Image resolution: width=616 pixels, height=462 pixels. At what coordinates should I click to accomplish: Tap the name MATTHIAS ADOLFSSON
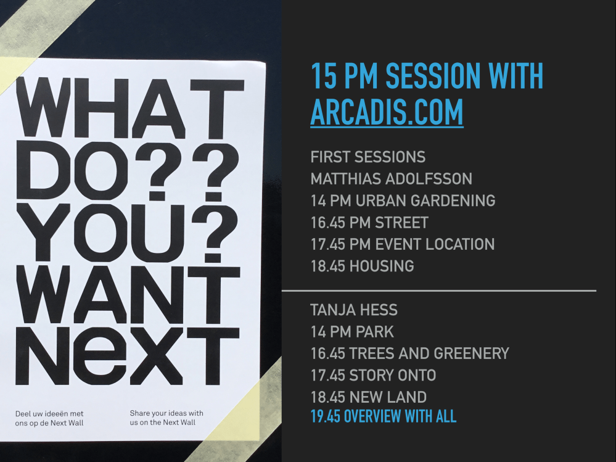tap(391, 179)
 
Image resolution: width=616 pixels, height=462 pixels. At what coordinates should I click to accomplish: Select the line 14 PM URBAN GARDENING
tap(403, 200)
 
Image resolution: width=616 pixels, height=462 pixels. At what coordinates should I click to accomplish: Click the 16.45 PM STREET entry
tap(369, 222)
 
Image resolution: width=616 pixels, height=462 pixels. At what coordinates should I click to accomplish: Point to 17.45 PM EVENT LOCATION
tap(402, 244)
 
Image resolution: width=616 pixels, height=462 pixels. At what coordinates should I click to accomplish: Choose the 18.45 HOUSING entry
tap(362, 266)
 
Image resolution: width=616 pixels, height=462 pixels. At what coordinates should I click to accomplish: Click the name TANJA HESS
tap(354, 310)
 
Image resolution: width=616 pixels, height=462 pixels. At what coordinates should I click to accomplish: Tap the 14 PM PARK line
tap(352, 331)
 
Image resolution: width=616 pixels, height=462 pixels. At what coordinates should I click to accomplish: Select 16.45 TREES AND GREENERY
tap(409, 353)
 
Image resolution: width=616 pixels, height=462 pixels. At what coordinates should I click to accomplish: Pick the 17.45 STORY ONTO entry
tap(373, 375)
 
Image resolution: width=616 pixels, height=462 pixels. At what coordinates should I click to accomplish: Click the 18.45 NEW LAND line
tap(368, 397)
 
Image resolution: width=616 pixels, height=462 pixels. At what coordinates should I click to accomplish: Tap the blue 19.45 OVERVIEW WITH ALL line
tap(383, 416)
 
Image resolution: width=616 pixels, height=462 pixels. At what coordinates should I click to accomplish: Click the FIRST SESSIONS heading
tap(368, 157)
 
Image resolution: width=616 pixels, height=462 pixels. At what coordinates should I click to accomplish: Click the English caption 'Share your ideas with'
tap(166, 413)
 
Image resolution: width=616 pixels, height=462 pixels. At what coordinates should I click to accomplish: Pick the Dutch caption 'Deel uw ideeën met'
tap(49, 413)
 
